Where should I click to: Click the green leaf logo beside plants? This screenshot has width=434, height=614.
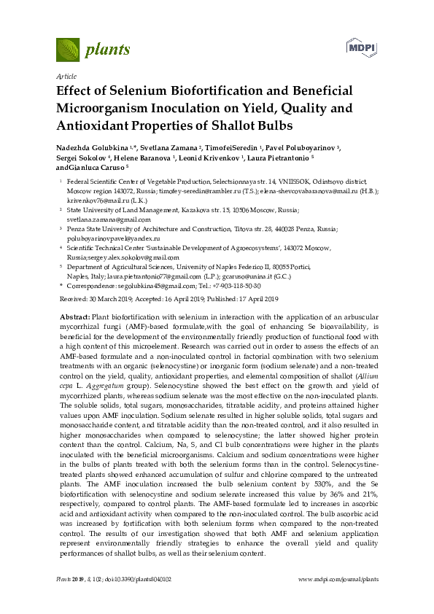coord(68,50)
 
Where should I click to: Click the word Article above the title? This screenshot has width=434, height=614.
coord(66,76)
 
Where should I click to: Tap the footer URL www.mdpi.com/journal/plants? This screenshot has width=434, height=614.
coord(339,580)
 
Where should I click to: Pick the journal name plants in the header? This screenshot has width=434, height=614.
coord(107,50)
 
